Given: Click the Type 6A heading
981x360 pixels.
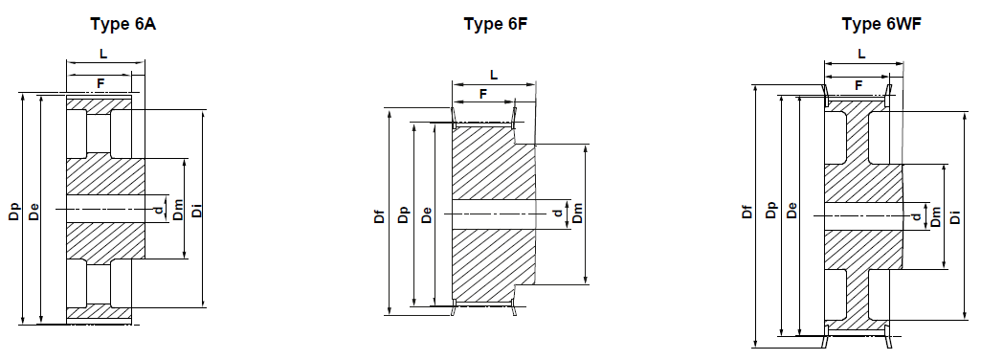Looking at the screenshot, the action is click(123, 23).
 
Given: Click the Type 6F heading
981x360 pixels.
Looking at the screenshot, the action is click(495, 23).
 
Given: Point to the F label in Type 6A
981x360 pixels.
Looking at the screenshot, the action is click(100, 84).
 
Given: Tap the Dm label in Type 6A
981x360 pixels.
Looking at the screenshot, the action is click(178, 211).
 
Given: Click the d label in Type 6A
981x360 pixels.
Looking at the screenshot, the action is click(156, 208).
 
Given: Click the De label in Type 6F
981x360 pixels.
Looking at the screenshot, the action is click(426, 216).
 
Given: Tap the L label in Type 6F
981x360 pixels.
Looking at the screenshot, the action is click(494, 74).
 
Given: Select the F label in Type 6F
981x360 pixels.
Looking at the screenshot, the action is click(482, 94).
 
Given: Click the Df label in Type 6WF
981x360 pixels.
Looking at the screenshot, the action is click(747, 213).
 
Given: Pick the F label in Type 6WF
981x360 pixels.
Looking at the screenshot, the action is click(858, 85).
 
